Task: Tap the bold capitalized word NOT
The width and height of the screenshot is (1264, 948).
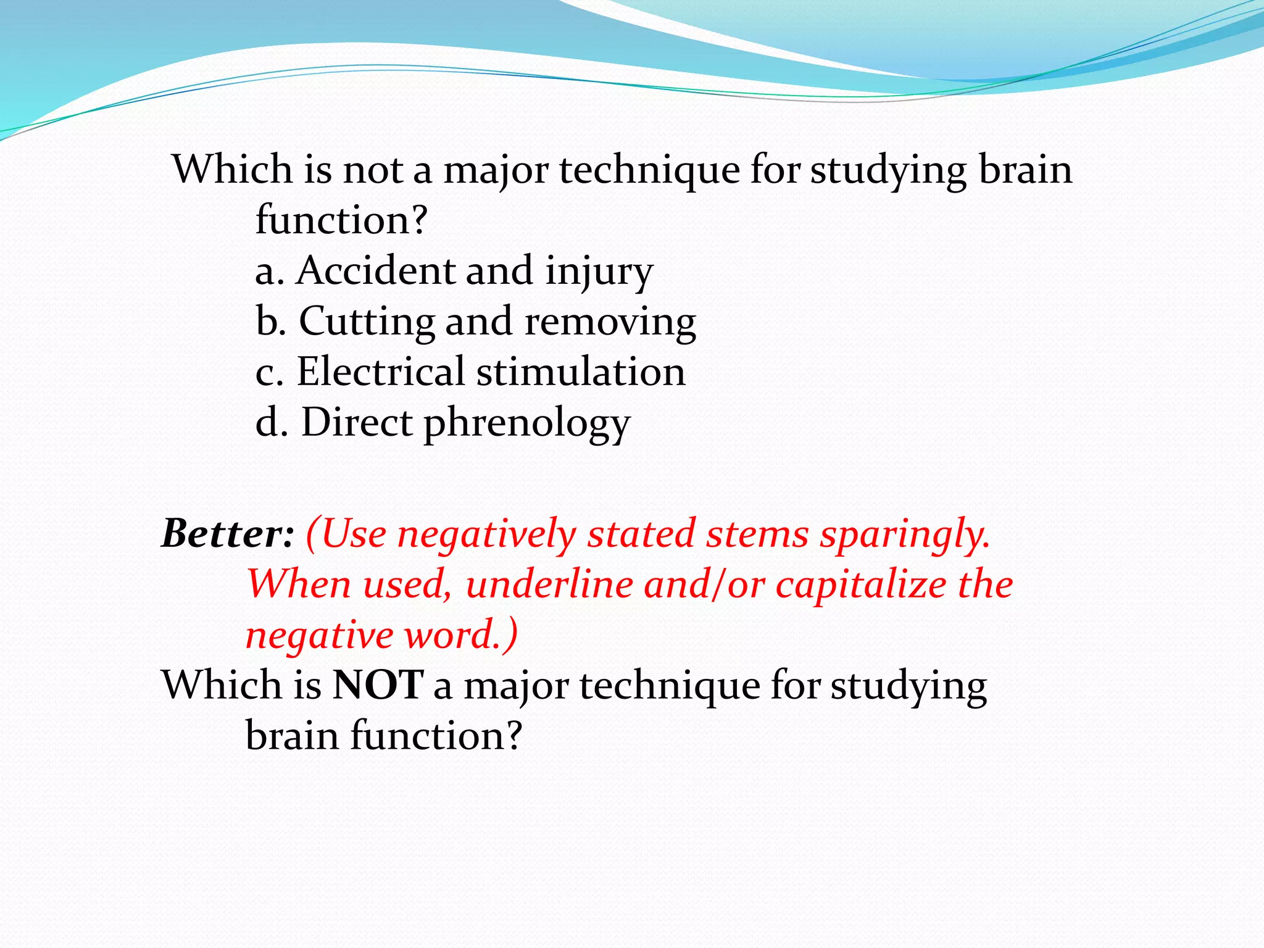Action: click(x=378, y=685)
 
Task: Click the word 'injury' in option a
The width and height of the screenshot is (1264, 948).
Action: click(x=599, y=273)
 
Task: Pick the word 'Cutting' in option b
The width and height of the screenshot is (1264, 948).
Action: click(x=367, y=322)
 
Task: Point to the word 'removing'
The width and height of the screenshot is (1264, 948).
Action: click(x=610, y=322)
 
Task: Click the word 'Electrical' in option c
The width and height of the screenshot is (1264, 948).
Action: click(x=380, y=372)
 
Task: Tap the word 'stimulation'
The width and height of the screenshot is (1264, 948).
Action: click(x=581, y=372)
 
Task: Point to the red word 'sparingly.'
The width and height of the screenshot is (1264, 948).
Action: click(x=905, y=534)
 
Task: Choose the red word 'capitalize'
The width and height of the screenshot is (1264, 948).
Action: click(x=860, y=585)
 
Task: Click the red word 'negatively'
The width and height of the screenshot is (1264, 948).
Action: click(x=486, y=534)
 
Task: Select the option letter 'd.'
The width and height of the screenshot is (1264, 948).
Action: click(x=272, y=422)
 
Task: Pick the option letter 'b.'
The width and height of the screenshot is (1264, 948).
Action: click(x=271, y=321)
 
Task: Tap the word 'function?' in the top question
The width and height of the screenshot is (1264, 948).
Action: click(x=341, y=220)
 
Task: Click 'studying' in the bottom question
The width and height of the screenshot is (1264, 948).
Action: click(x=908, y=686)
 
